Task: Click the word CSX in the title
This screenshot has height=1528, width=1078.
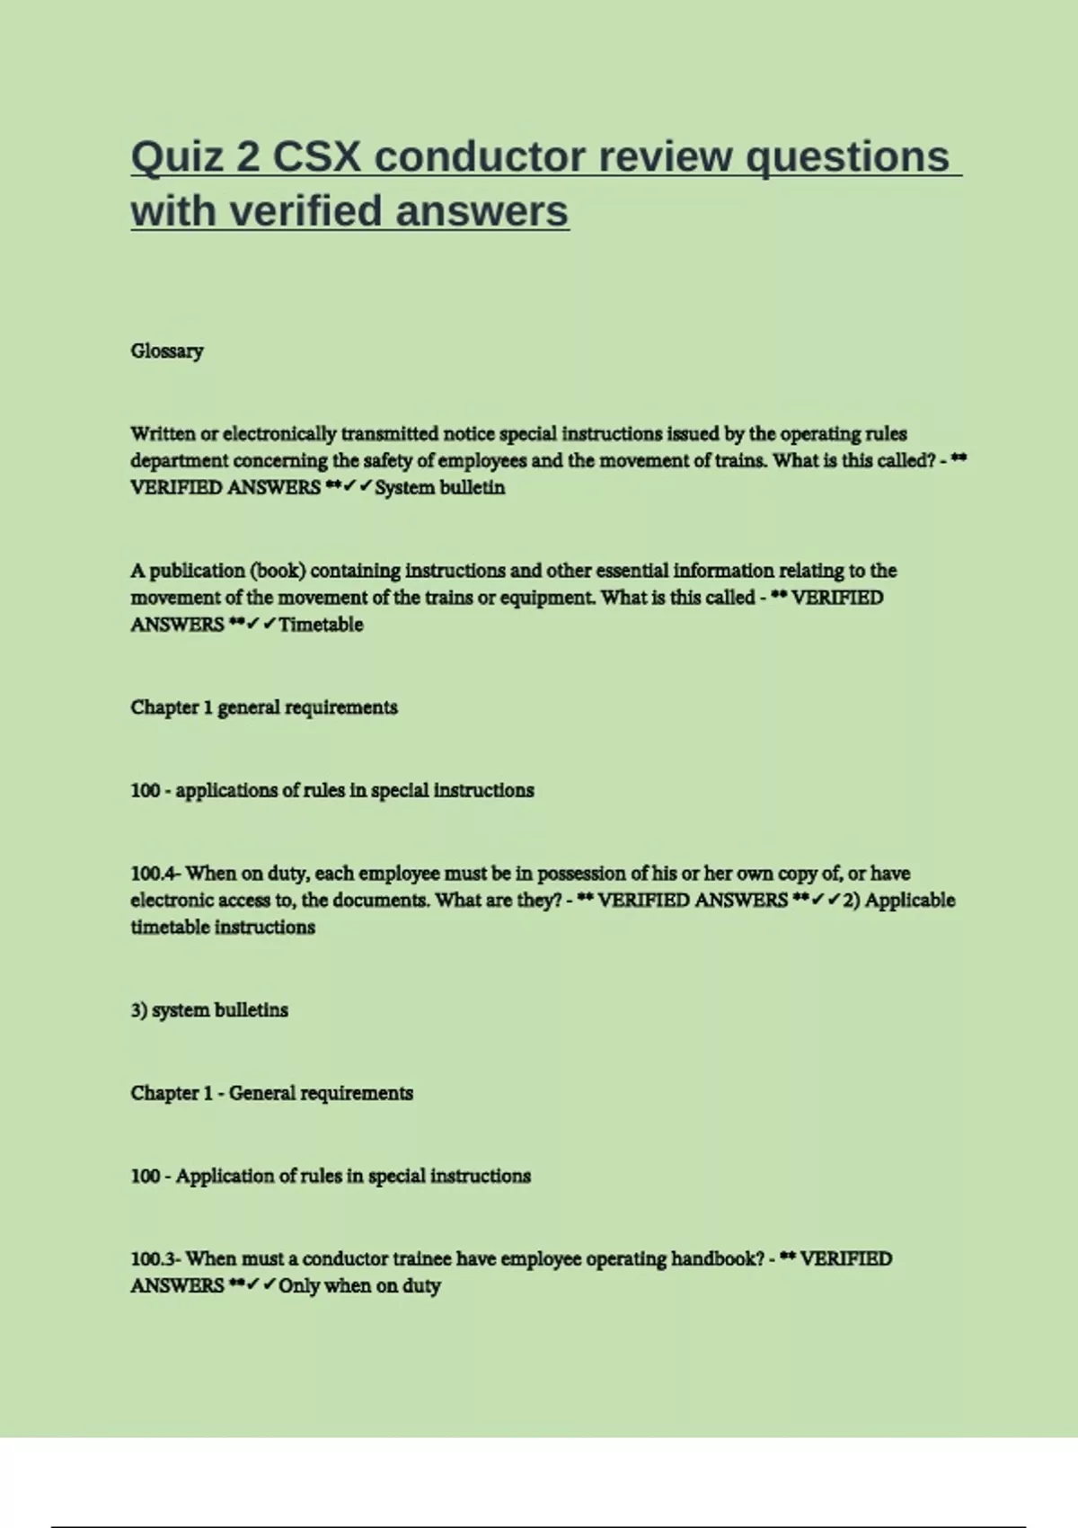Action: click(317, 157)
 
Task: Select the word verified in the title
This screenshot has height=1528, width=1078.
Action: click(306, 211)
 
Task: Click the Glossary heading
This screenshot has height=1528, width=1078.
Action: click(167, 351)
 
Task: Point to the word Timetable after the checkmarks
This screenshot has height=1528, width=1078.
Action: click(321, 625)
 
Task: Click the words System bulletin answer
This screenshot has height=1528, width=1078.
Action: click(439, 488)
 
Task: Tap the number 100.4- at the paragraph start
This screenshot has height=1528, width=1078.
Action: click(156, 874)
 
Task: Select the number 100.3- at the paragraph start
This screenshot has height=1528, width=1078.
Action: click(156, 1258)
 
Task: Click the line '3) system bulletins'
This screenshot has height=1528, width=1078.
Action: click(209, 1010)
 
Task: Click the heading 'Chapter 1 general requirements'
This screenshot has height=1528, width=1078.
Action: click(264, 707)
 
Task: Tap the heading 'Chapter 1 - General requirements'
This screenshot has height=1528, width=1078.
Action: click(271, 1093)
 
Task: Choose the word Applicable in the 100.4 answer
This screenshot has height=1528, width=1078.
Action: click(910, 901)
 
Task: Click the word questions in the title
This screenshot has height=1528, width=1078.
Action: click(848, 157)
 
